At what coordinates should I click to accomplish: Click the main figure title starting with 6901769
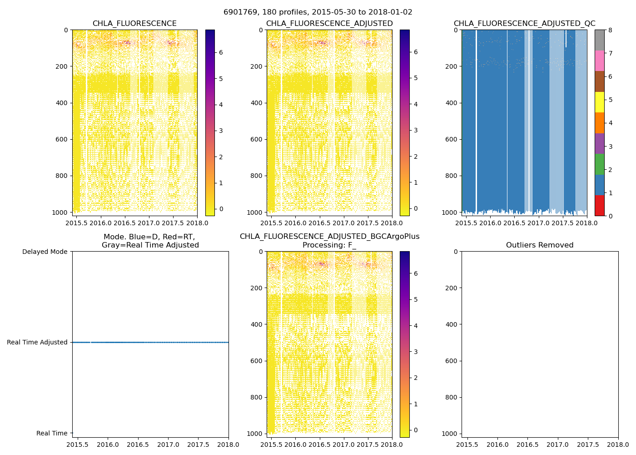point(318,12)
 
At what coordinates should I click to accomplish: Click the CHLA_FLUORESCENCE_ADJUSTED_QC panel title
point(524,24)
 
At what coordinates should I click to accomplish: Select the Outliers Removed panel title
point(540,245)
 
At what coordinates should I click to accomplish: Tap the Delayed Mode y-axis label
point(45,252)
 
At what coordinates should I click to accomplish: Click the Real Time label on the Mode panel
point(52,434)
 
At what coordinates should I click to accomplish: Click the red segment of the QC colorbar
point(599,206)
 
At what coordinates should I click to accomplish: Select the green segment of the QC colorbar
point(599,164)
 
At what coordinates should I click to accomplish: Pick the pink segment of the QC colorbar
point(599,61)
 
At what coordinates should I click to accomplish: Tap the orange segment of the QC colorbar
point(599,123)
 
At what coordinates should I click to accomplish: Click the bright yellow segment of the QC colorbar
point(599,102)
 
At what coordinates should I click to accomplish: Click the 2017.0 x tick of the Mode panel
point(168,444)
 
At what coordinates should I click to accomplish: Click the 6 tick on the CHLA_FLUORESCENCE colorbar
point(220,52)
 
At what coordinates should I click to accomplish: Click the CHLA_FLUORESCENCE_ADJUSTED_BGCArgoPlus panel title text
point(329,237)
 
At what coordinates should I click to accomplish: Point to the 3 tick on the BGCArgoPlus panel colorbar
point(415,352)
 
